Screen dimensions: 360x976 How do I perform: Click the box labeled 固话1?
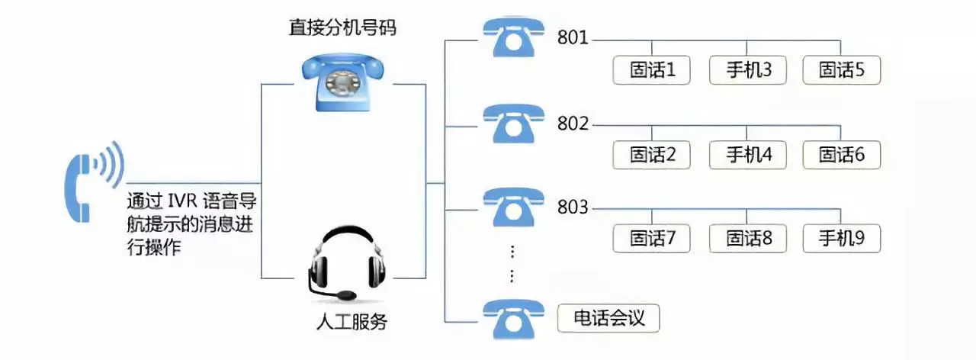[652, 70]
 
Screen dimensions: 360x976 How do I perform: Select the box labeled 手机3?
[747, 70]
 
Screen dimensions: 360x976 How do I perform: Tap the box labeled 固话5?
[842, 70]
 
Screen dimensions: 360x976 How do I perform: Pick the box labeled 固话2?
[652, 155]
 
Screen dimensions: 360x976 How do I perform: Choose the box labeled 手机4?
[747, 155]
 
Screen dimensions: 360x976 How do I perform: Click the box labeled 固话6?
[842, 155]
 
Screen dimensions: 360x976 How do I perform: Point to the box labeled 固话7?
[652, 238]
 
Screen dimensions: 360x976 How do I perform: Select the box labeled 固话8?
[747, 238]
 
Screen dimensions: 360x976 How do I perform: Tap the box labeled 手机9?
[842, 238]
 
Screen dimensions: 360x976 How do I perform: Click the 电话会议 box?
[608, 318]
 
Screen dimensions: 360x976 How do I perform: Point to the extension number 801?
[573, 37]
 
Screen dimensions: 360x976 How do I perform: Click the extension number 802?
[573, 123]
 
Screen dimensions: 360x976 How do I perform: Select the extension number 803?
[573, 207]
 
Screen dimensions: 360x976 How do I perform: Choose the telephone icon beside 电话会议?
[513, 319]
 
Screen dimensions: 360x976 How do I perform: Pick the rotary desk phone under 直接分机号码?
[343, 82]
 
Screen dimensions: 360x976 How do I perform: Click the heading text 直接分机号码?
[343, 27]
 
